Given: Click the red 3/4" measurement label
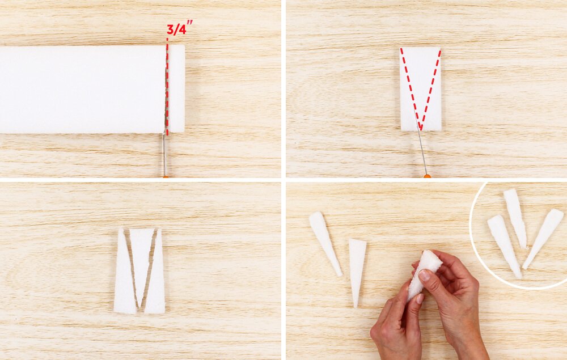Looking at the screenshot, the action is pos(179,28).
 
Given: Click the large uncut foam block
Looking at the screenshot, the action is pos(82,89).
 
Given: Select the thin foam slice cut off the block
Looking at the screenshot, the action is pos(177,88).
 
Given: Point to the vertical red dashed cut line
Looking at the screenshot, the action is pos(167,86).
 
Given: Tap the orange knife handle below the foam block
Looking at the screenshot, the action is pos(166,176).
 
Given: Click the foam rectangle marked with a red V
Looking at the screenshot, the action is pos(421,89).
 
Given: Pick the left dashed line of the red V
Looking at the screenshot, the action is pos(411,88).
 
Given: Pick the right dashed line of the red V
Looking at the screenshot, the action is pos(431,89).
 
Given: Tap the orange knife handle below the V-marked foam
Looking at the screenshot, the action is pos(427,176).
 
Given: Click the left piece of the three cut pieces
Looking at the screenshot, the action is pos(124,271).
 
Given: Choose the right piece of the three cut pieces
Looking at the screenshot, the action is pos(156,271).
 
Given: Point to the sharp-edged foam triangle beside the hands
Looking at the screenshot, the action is pos(357,271).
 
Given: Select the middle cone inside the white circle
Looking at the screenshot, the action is pos(515,218).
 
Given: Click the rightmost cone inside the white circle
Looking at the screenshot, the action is pos(543,239).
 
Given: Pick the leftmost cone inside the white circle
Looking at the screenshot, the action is pos(504,246).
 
